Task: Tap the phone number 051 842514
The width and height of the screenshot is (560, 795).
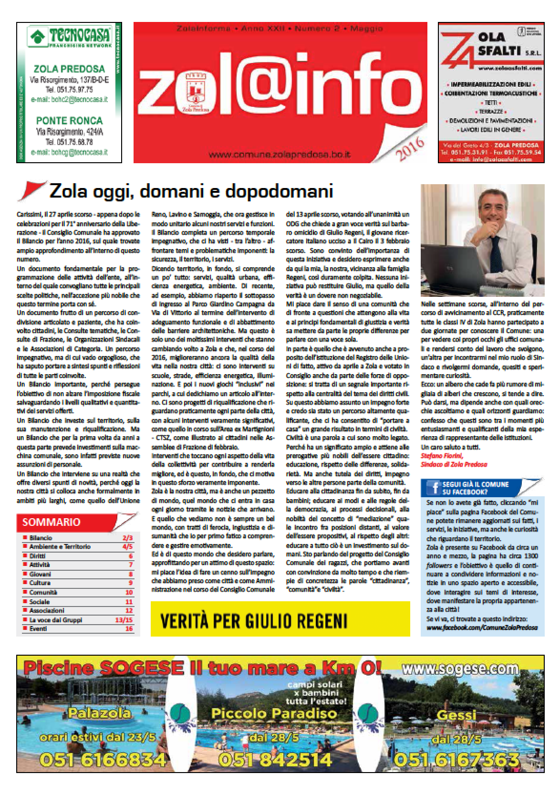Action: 274,758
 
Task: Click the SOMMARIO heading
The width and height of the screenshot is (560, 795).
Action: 52,522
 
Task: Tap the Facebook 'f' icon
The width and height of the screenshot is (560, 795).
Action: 435,487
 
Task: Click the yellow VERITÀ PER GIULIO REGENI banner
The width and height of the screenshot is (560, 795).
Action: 280,620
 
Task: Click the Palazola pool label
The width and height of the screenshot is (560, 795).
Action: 99,713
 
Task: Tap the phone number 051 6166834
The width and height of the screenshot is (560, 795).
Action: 103,758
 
